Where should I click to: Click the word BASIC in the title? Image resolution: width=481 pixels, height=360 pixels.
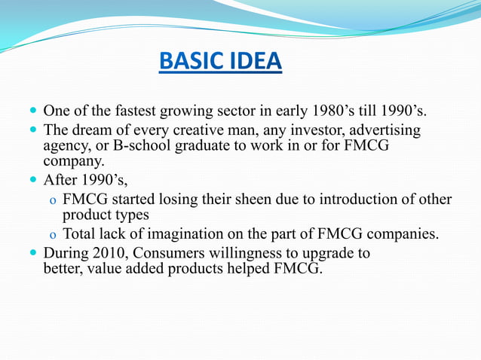pos(188,60)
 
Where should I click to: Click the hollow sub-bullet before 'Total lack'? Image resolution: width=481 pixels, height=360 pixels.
pos(51,235)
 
